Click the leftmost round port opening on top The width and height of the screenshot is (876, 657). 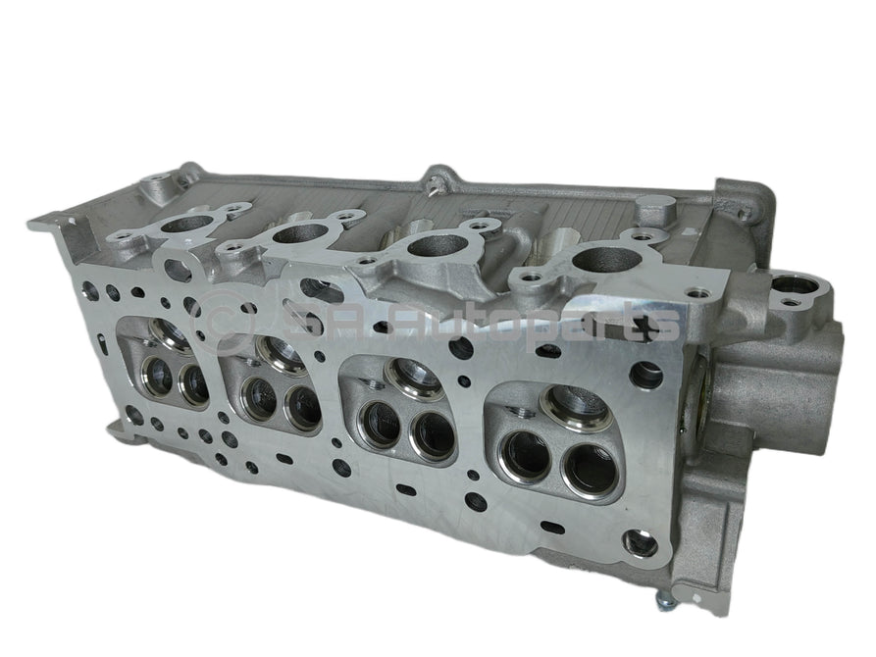[x=180, y=226]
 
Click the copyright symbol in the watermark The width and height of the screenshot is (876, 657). [x=219, y=315]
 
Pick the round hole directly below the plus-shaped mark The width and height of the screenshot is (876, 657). [x=646, y=374]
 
